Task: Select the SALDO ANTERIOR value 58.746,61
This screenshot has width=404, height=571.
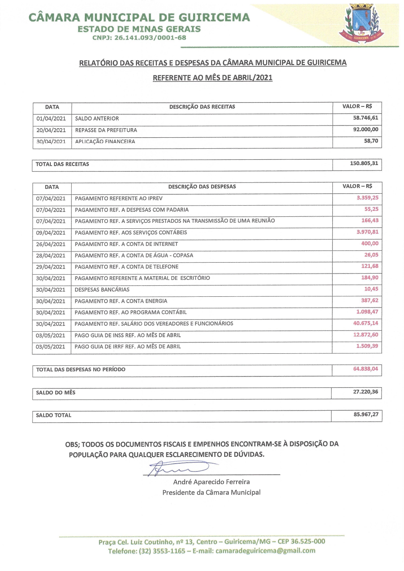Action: tap(366, 118)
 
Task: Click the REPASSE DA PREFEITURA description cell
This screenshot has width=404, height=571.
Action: tap(106, 130)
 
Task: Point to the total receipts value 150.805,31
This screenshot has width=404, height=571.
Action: tap(364, 163)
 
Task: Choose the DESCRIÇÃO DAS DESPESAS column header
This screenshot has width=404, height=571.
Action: tap(202, 187)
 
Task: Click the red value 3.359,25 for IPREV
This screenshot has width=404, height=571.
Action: tap(367, 198)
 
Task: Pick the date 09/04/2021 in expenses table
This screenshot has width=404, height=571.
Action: tap(51, 233)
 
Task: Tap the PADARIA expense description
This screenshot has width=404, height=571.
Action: tap(132, 210)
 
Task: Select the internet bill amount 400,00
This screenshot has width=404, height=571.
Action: tap(370, 243)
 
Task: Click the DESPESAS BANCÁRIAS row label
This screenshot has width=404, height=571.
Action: tap(102, 290)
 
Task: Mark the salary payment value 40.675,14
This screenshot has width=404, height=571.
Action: tap(366, 323)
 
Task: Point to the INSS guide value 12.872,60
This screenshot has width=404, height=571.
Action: tap(366, 335)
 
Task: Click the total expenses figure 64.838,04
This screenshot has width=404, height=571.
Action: tap(366, 369)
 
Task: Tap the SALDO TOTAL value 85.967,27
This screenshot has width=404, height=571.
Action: tap(366, 415)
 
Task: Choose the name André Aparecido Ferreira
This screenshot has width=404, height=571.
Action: tap(211, 482)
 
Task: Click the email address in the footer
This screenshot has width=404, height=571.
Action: tap(265, 551)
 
